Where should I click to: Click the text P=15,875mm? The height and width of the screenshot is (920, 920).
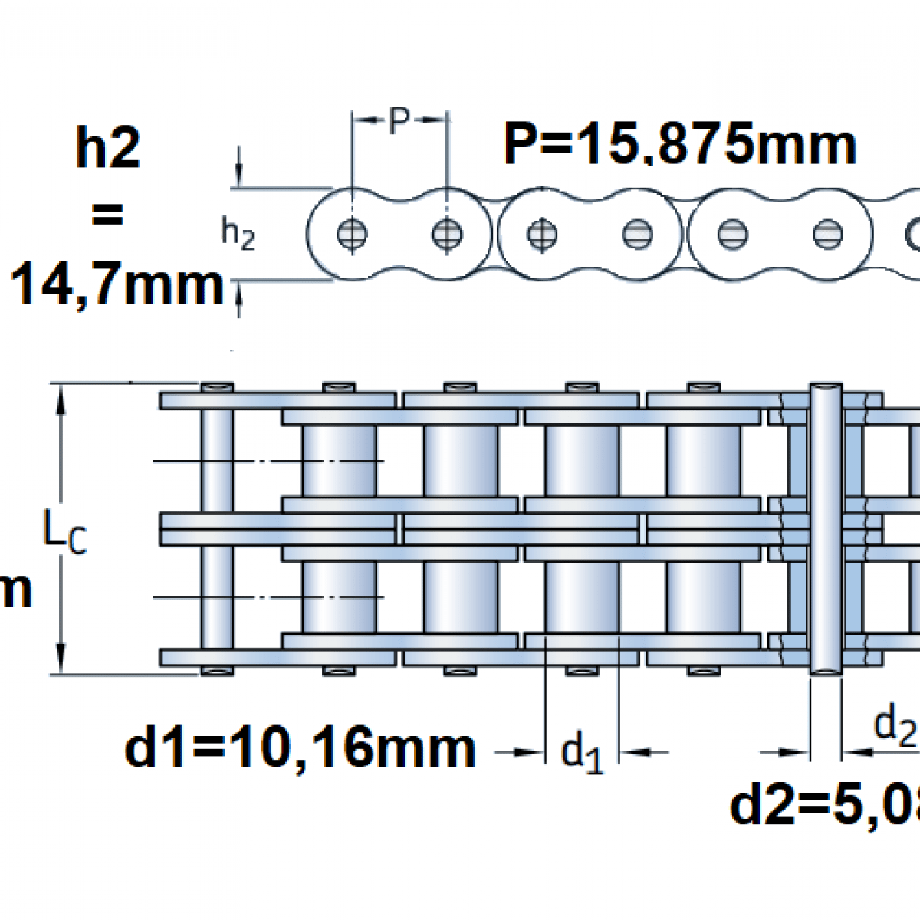click(679, 144)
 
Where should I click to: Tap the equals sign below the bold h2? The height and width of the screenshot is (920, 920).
click(107, 215)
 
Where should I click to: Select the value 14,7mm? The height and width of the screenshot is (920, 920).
click(117, 283)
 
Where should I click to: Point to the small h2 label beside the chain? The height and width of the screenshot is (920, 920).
click(237, 233)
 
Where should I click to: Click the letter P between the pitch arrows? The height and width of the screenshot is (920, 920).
click(399, 120)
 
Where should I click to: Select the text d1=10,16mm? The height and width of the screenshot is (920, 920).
click(300, 748)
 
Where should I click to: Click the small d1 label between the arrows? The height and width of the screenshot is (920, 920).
click(582, 752)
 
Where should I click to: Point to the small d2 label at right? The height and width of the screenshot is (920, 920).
click(895, 724)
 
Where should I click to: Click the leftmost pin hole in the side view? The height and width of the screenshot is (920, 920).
click(352, 234)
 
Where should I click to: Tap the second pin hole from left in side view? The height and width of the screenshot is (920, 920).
click(447, 234)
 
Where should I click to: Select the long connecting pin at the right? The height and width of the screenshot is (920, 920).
click(826, 529)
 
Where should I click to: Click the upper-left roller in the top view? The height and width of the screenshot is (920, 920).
click(339, 460)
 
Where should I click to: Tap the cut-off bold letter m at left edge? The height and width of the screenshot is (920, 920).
click(15, 590)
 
